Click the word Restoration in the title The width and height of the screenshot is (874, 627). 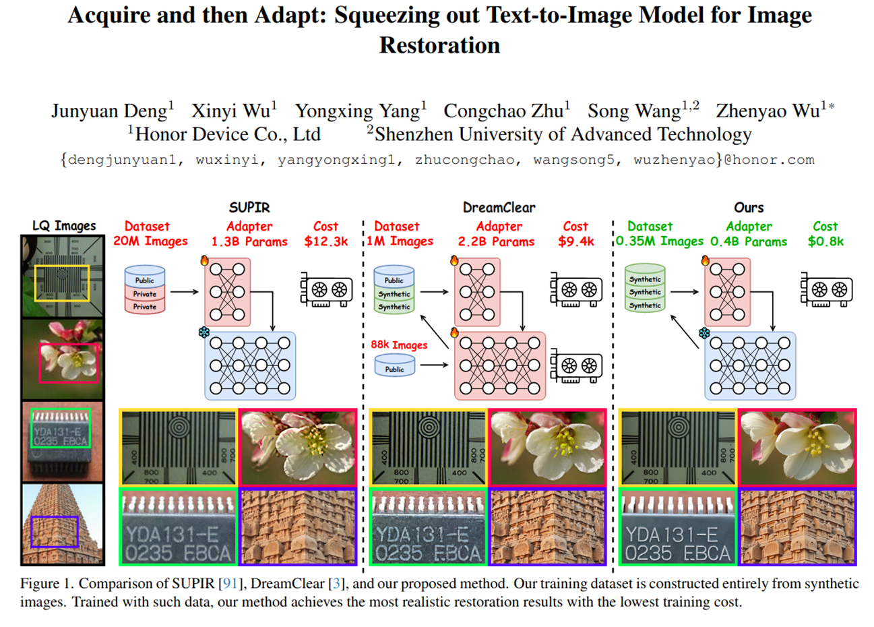(x=439, y=45)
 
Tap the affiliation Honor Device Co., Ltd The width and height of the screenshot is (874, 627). (x=227, y=134)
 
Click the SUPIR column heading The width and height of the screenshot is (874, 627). (x=249, y=208)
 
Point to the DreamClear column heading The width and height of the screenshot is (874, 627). (x=499, y=208)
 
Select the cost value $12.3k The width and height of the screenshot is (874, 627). (x=326, y=241)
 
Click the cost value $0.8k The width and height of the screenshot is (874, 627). (x=825, y=241)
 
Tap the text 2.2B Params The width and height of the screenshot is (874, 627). (x=496, y=241)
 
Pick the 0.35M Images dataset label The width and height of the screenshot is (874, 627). (x=659, y=241)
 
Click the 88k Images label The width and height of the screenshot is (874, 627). (x=399, y=345)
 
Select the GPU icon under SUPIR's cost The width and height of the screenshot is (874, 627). (x=326, y=290)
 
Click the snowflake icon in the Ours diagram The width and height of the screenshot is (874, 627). (x=704, y=334)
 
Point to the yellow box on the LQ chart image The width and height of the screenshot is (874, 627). (x=62, y=283)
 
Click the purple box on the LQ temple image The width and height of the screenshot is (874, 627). (x=55, y=532)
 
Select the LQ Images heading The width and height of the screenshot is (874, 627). (x=64, y=226)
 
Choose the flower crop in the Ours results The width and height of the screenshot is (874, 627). (x=798, y=447)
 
